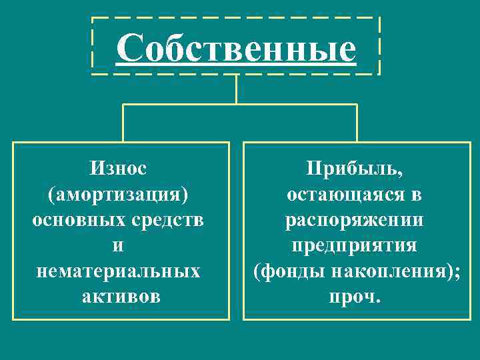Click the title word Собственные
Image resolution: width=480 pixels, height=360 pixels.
(x=236, y=48)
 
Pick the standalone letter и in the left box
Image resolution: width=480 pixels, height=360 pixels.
(x=118, y=245)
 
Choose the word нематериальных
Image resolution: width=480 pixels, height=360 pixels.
(x=118, y=270)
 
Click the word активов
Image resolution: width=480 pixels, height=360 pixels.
(x=121, y=295)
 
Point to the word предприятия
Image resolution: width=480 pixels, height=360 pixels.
(x=354, y=245)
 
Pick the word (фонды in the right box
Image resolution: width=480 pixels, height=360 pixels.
(x=284, y=270)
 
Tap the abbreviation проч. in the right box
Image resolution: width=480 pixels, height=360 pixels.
(x=354, y=295)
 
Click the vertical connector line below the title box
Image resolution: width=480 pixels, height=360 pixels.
(x=236, y=89)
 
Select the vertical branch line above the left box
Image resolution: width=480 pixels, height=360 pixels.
(x=123, y=123)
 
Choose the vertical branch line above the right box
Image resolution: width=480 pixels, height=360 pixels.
(x=357, y=123)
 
